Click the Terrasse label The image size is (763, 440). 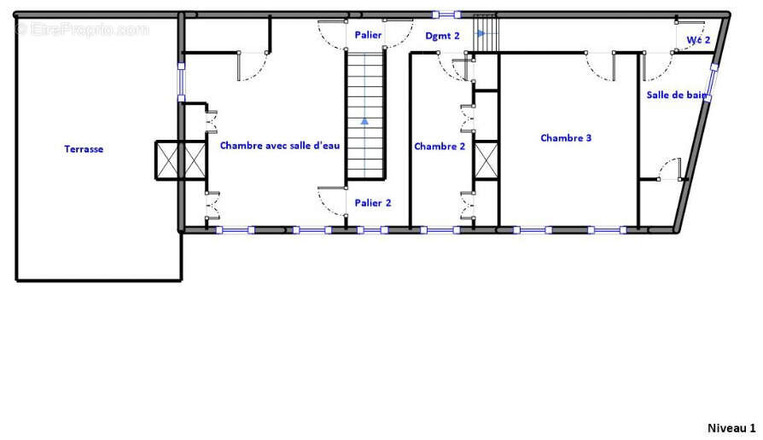(84, 148)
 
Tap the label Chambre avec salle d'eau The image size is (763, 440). (280, 145)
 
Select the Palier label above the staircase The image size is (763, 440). (368, 34)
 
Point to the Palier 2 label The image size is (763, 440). (373, 203)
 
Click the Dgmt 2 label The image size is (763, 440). (442, 36)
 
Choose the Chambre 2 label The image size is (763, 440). (440, 147)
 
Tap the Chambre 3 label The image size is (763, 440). (566, 138)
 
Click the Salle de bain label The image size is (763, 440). (677, 95)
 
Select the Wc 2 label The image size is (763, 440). (698, 40)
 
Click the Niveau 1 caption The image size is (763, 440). (731, 428)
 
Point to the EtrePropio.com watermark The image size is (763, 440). (83, 30)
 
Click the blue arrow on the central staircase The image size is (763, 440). (364, 121)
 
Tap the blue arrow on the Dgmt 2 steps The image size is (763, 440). (481, 33)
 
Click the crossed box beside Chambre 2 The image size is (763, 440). (486, 160)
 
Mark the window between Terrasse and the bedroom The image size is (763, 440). (181, 82)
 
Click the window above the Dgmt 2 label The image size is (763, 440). (446, 14)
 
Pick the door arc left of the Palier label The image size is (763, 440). (332, 35)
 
